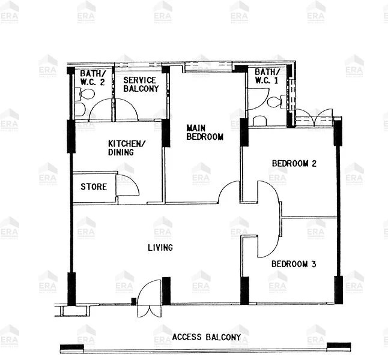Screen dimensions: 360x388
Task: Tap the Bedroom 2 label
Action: (294, 163)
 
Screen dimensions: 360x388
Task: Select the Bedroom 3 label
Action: (293, 263)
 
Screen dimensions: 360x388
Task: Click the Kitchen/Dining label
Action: (126, 148)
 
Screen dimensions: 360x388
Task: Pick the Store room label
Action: (94, 187)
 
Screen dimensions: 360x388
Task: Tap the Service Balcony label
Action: (141, 84)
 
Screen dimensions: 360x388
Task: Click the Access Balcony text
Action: (206, 337)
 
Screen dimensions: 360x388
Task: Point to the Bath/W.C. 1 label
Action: (266, 76)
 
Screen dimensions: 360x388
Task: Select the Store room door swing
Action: (127, 186)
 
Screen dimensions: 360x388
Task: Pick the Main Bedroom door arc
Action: (229, 193)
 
